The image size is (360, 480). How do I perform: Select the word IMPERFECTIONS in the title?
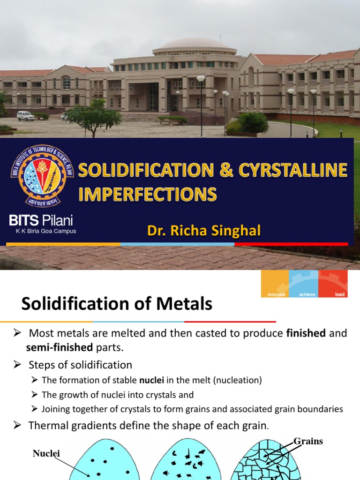pyautogui.click(x=147, y=194)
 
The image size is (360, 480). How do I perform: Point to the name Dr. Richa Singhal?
pyautogui.click(x=204, y=231)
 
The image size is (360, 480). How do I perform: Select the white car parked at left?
pyautogui.click(x=25, y=115)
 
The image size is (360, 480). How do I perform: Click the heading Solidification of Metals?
pyautogui.click(x=117, y=305)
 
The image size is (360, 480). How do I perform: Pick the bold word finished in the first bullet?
pyautogui.click(x=306, y=333)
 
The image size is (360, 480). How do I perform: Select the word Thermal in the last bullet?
pyautogui.click(x=48, y=426)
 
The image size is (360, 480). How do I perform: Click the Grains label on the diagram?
pyautogui.click(x=308, y=441)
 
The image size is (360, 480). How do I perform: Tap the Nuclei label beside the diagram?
pyautogui.click(x=46, y=453)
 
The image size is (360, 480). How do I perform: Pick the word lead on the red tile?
pyautogui.click(x=340, y=294)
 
